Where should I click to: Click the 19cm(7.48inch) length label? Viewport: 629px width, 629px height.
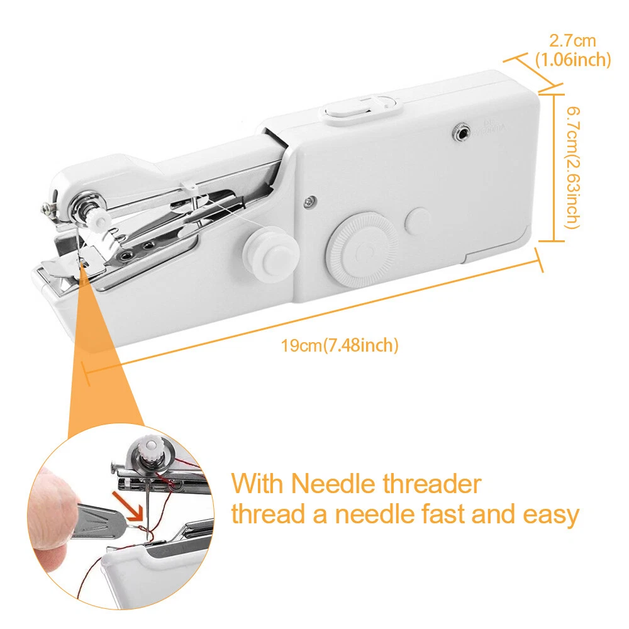click(x=340, y=345)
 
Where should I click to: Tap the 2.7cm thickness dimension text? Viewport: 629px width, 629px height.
click(x=572, y=42)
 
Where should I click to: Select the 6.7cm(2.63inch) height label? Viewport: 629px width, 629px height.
click(x=572, y=167)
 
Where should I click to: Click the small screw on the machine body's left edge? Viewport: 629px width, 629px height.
click(x=308, y=201)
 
